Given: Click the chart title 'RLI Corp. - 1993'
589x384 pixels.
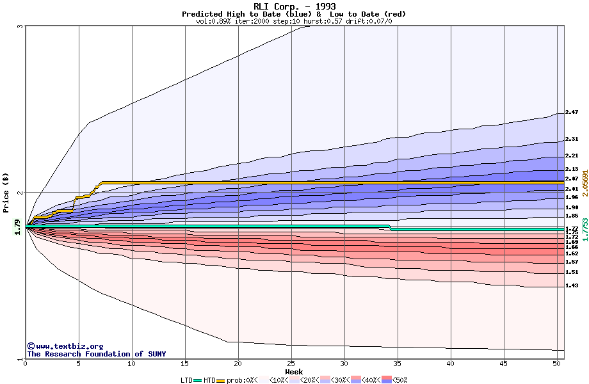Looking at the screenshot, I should (x=294, y=6).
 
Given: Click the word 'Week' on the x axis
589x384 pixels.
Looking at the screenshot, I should (x=294, y=372).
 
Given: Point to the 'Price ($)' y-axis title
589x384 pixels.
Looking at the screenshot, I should (x=6, y=192).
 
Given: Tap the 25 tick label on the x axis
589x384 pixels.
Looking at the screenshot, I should (x=291, y=364).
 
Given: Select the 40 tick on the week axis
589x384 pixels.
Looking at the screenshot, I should (x=451, y=364).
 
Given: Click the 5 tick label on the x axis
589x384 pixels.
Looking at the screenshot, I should (x=79, y=364).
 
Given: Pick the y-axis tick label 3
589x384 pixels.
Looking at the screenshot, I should (x=20, y=26).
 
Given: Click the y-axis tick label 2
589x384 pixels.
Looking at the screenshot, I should (x=20, y=193).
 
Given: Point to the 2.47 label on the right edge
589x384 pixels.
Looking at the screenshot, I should (x=572, y=112).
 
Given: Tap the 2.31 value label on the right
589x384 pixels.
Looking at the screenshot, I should (x=572, y=139).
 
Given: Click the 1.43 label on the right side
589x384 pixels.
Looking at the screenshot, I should (x=572, y=285).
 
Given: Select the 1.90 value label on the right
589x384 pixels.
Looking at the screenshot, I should (x=572, y=207).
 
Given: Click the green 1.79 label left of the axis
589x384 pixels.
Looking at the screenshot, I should (x=18, y=227).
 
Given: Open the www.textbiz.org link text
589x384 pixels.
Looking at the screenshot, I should (x=69, y=346).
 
